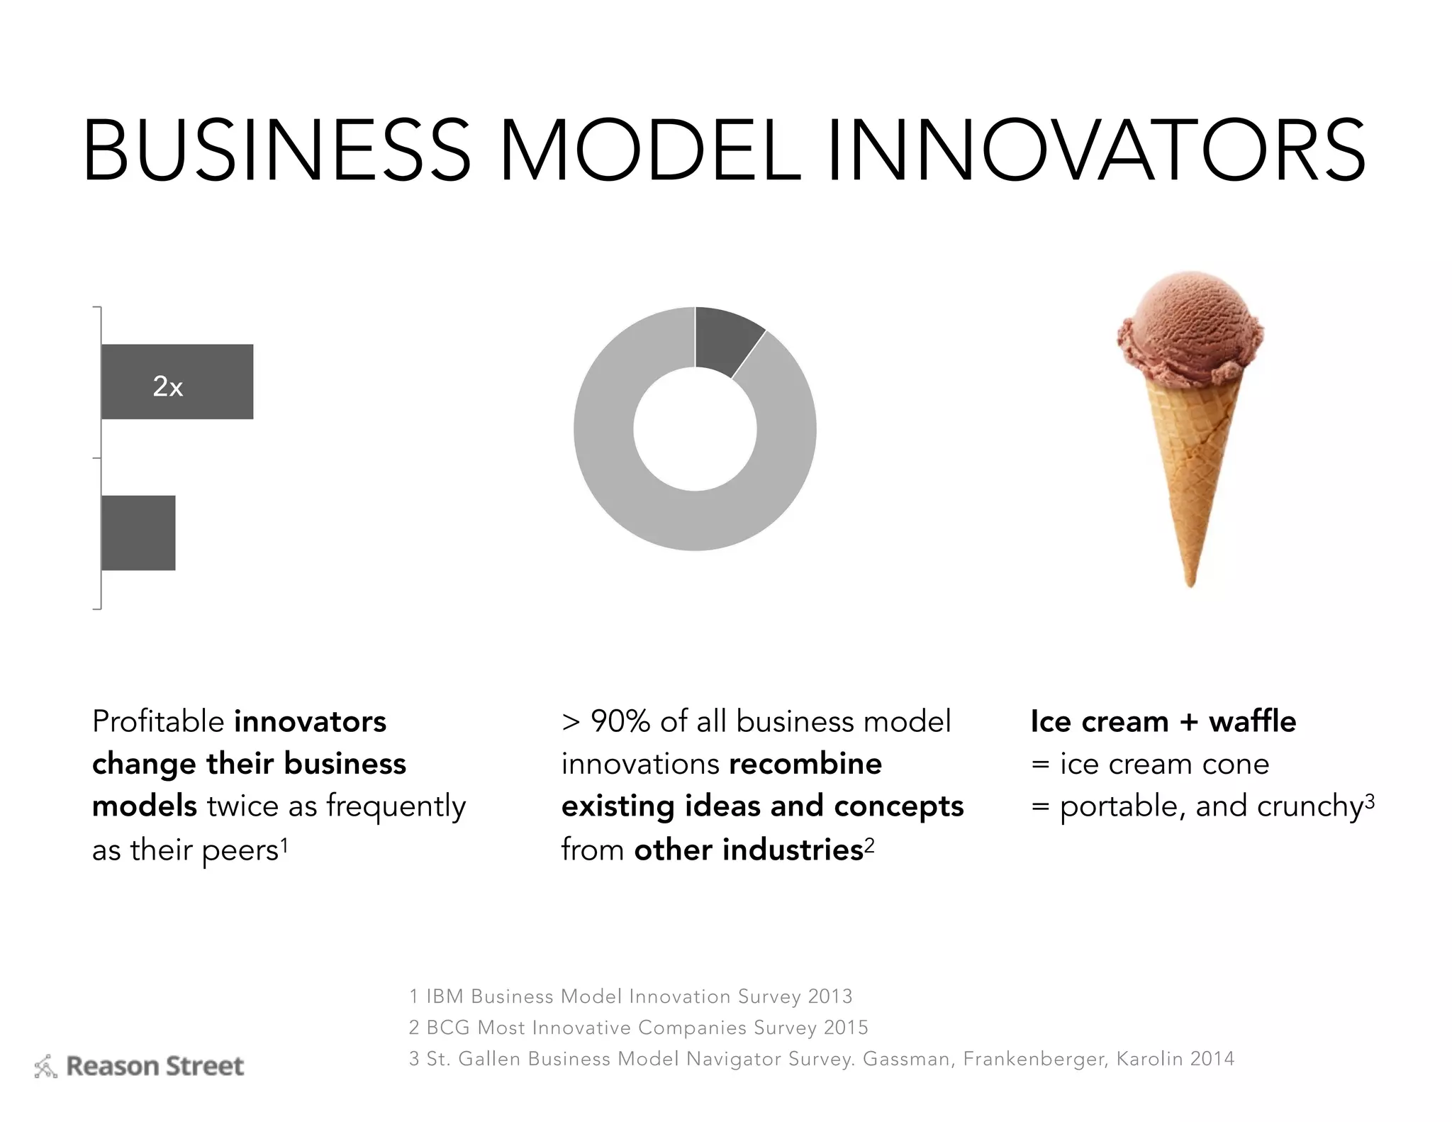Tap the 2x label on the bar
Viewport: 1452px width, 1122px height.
[x=168, y=387]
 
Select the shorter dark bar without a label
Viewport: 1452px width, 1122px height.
[x=138, y=533]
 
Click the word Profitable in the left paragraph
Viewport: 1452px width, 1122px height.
[x=158, y=722]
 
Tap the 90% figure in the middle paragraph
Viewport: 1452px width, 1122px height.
[x=620, y=722]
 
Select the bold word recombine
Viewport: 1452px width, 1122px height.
[x=805, y=765]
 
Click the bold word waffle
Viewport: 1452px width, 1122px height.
[x=1252, y=722]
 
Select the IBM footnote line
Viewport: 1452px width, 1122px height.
[x=630, y=996]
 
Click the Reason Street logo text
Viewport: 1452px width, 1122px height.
[x=155, y=1066]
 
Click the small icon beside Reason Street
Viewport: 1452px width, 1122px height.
[x=46, y=1067]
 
